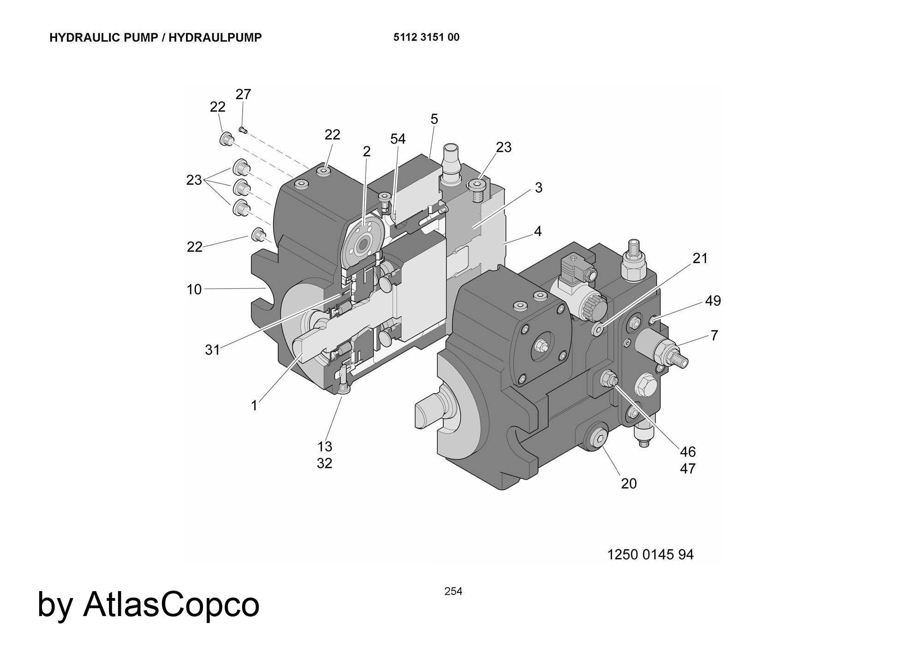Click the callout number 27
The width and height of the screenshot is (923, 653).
(243, 94)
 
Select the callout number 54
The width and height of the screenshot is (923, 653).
(397, 139)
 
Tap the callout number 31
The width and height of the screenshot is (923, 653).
(212, 350)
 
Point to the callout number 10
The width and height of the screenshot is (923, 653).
(194, 290)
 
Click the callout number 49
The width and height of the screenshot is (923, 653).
(713, 301)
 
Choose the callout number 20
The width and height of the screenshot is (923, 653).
(629, 484)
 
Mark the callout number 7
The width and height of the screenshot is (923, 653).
(714, 335)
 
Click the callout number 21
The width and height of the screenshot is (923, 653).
(700, 258)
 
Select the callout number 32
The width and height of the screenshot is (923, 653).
(324, 463)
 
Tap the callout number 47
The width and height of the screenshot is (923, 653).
(688, 469)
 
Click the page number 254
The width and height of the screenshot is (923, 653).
(453, 591)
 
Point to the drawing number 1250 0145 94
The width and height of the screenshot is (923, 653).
(650, 554)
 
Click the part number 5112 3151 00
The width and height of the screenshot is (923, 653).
(426, 37)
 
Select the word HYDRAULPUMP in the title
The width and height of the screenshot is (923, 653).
(215, 37)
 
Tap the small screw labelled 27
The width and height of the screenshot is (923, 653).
(243, 130)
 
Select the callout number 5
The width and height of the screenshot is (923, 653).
(434, 119)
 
